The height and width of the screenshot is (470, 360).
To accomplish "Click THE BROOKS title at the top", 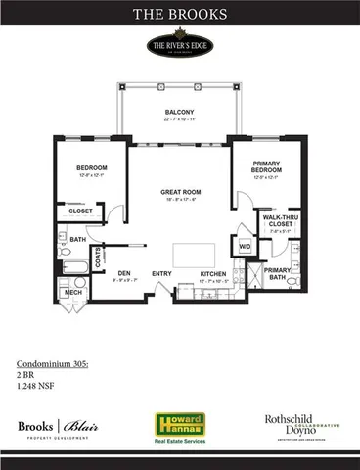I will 180,15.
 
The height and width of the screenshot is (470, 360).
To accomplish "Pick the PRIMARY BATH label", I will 278,273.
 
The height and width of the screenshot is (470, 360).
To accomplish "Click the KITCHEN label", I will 213,274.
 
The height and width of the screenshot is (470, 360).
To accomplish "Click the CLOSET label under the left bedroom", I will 80,211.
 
